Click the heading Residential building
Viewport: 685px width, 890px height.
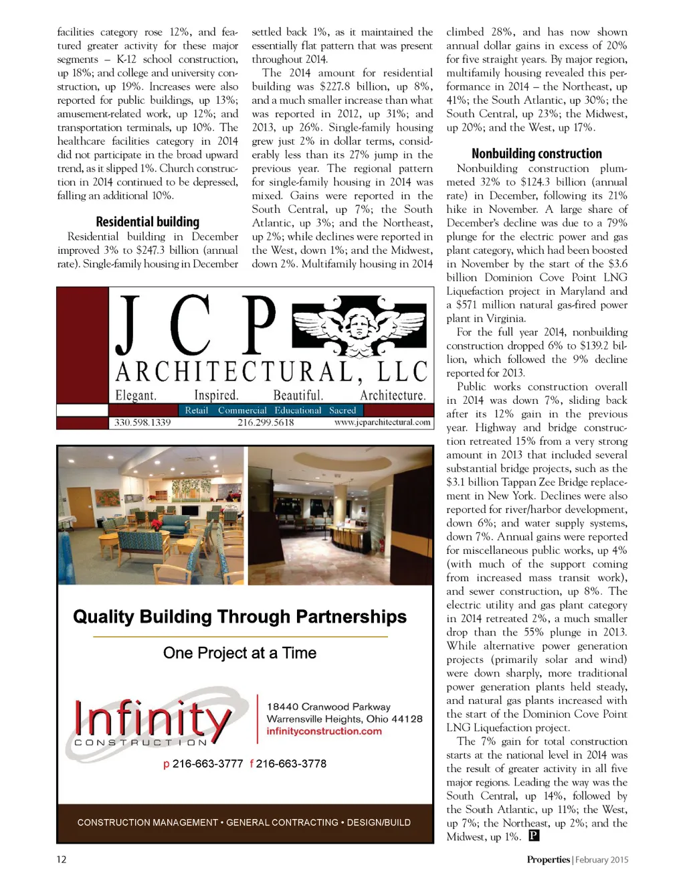pyautogui.click(x=147, y=222)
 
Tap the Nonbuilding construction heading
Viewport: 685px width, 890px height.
pyautogui.click(x=536, y=153)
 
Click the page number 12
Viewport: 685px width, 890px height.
pyautogui.click(x=62, y=859)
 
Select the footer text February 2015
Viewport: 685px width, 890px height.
pyautogui.click(x=601, y=860)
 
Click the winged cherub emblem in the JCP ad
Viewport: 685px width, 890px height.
pyautogui.click(x=359, y=325)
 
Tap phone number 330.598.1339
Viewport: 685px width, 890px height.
pyautogui.click(x=142, y=423)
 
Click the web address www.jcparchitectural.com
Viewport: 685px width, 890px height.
pyautogui.click(x=382, y=423)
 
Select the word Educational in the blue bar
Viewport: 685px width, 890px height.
pyautogui.click(x=298, y=411)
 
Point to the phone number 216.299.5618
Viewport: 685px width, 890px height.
pyautogui.click(x=266, y=423)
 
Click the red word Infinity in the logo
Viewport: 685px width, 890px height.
pyautogui.click(x=153, y=719)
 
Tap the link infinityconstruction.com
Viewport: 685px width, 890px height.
pyautogui.click(x=324, y=731)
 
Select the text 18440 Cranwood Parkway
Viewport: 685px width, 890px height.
pyautogui.click(x=328, y=707)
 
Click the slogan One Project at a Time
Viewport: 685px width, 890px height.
pyautogui.click(x=239, y=653)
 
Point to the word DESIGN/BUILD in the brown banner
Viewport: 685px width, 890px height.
pyautogui.click(x=379, y=822)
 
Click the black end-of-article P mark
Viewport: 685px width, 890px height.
pyautogui.click(x=534, y=835)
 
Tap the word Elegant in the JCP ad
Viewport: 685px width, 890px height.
pyautogui.click(x=136, y=395)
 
